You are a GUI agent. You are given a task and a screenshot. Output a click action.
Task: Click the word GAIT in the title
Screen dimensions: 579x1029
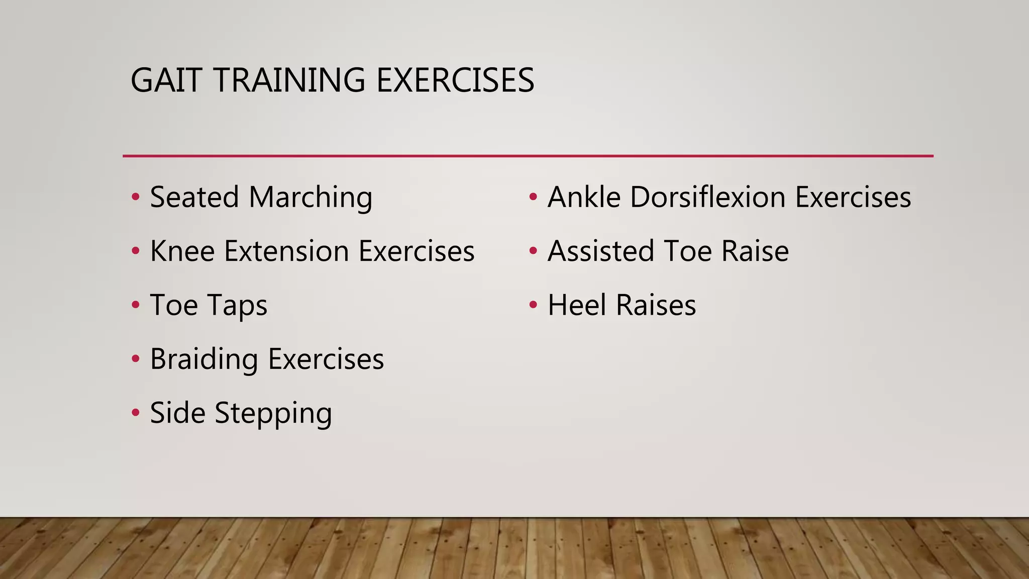166,80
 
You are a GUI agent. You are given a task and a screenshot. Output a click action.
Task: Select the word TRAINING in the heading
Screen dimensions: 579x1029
289,80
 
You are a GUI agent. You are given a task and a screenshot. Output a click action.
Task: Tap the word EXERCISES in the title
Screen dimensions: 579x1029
455,80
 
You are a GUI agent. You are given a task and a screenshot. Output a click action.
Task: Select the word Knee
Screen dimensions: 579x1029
182,251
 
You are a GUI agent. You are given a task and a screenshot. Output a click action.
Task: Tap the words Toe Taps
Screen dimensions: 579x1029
209,306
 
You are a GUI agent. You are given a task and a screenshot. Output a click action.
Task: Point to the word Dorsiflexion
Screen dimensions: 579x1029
707,197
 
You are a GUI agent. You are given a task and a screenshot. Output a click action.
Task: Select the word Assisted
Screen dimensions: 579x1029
601,251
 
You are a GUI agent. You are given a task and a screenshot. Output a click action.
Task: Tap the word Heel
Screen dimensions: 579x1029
577,306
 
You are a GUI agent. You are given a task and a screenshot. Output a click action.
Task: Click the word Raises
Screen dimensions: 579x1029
656,306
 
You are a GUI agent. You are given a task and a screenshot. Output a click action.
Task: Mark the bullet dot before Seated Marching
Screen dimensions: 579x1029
135,197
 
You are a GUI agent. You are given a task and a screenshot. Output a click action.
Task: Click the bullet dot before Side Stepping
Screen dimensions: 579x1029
135,413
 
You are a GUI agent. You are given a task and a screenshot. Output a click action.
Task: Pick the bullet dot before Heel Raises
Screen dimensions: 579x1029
533,305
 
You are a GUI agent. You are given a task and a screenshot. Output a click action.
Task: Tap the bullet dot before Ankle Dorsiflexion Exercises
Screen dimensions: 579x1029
533,197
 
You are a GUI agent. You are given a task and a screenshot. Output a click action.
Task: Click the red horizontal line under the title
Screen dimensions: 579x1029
528,156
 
